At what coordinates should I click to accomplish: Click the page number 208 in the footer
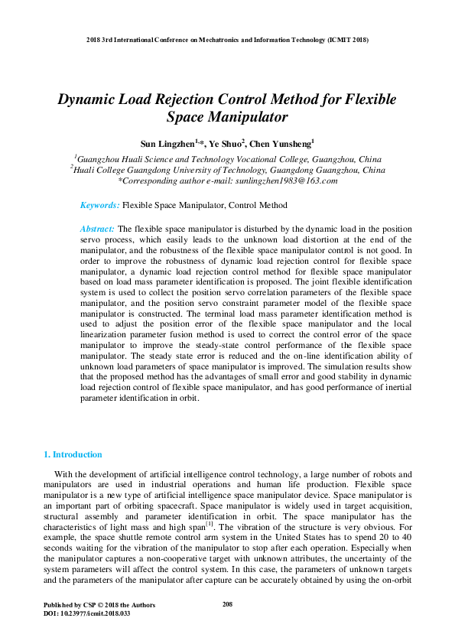(x=227, y=605)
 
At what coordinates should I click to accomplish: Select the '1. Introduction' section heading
(x=73, y=454)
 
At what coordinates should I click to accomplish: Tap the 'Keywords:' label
(x=100, y=205)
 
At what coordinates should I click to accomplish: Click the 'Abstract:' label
(x=97, y=229)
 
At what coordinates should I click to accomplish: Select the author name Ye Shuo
(x=227, y=143)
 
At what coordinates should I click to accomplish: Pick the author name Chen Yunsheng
(x=280, y=143)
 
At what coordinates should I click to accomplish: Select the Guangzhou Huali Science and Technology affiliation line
(x=227, y=159)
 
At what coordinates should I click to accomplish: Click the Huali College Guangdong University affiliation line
(x=227, y=171)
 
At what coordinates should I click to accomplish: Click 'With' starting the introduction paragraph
(x=65, y=475)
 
